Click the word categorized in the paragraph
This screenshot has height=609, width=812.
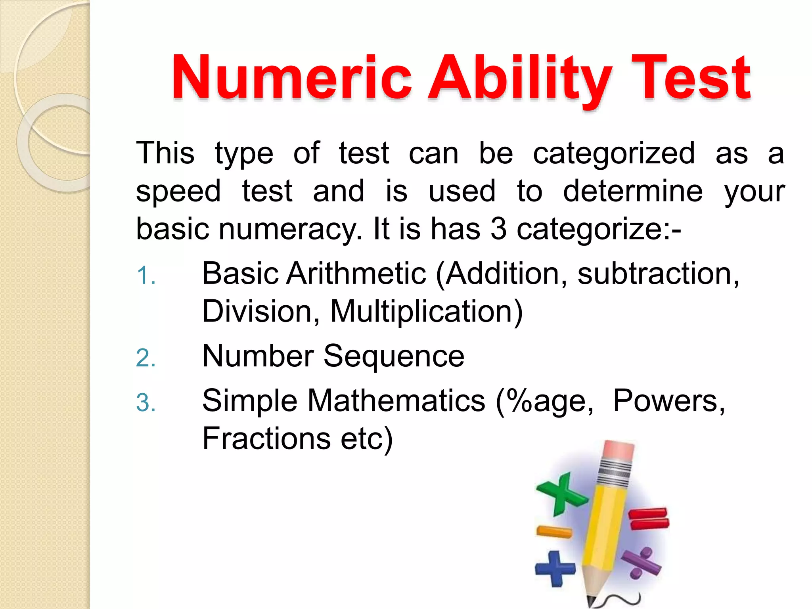click(614, 153)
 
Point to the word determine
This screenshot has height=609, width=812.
click(633, 191)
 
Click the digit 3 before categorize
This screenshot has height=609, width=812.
click(498, 229)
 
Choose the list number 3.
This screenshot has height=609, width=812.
click(145, 402)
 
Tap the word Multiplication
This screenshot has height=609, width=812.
click(426, 312)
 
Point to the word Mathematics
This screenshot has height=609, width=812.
click(396, 400)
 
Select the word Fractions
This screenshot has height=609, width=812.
click(266, 439)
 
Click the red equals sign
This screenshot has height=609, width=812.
click(649, 518)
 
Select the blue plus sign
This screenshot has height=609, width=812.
click(555, 569)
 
